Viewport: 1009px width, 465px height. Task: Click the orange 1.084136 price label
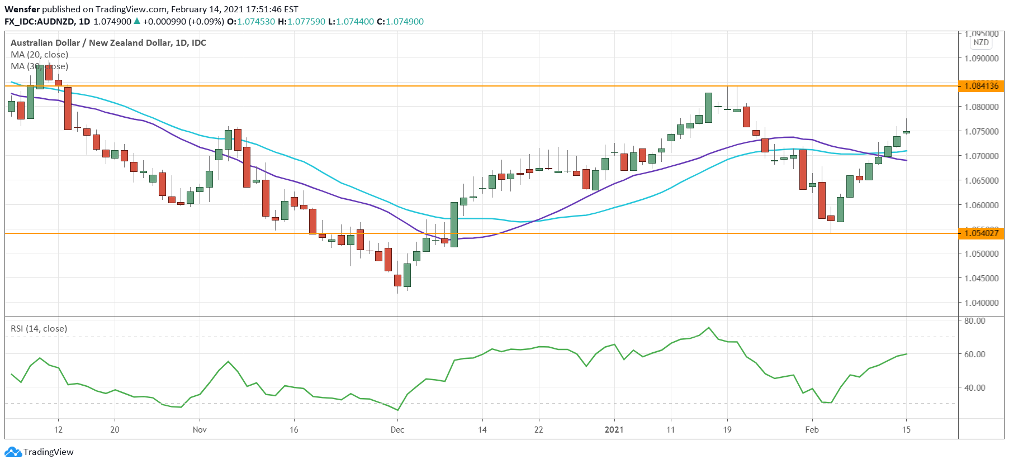(x=982, y=86)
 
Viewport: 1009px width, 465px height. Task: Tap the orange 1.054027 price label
(x=982, y=233)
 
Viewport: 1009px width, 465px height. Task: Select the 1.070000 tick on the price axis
(x=982, y=156)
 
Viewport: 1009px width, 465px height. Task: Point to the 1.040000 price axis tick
(x=982, y=303)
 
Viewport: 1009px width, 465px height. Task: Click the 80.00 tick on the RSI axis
(x=975, y=321)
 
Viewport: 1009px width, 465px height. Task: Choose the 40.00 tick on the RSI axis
(x=975, y=387)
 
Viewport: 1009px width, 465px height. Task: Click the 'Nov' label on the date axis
(x=200, y=430)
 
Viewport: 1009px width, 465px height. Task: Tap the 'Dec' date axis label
(x=397, y=430)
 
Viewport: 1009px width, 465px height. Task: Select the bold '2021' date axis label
(x=614, y=430)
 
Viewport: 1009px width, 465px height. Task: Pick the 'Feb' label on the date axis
(x=812, y=430)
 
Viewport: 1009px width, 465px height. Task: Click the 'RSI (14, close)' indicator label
(x=39, y=329)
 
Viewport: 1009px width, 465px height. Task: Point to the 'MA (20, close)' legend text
(x=40, y=55)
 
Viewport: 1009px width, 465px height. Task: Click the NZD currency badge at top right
(x=981, y=42)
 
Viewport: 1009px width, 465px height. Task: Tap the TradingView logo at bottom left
(x=40, y=452)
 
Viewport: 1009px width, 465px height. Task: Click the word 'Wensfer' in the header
(x=22, y=9)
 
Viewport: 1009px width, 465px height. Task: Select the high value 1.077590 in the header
(x=306, y=22)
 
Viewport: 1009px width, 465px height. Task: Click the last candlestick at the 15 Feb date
(x=906, y=132)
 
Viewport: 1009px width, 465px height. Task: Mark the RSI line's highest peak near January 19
(x=709, y=328)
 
